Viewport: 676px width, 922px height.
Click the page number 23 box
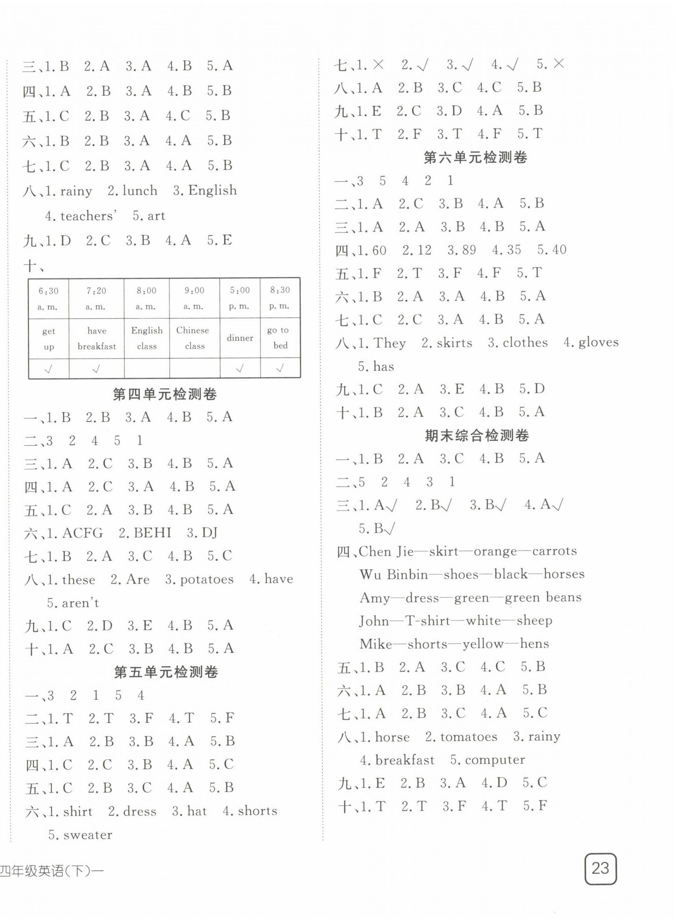[x=600, y=868]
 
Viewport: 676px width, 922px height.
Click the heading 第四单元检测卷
[x=164, y=394]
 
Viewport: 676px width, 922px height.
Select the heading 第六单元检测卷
[x=475, y=157]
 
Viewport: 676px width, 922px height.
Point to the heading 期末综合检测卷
[x=477, y=435]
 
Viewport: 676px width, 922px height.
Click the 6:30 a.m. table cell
[x=48, y=298]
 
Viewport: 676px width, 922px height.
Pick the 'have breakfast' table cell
[x=97, y=338]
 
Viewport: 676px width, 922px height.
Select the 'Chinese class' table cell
[x=194, y=338]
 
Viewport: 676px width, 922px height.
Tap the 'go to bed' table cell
[x=280, y=338]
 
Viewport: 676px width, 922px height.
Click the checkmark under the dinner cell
[x=240, y=369]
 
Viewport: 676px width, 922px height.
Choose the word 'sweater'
[x=87, y=834]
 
